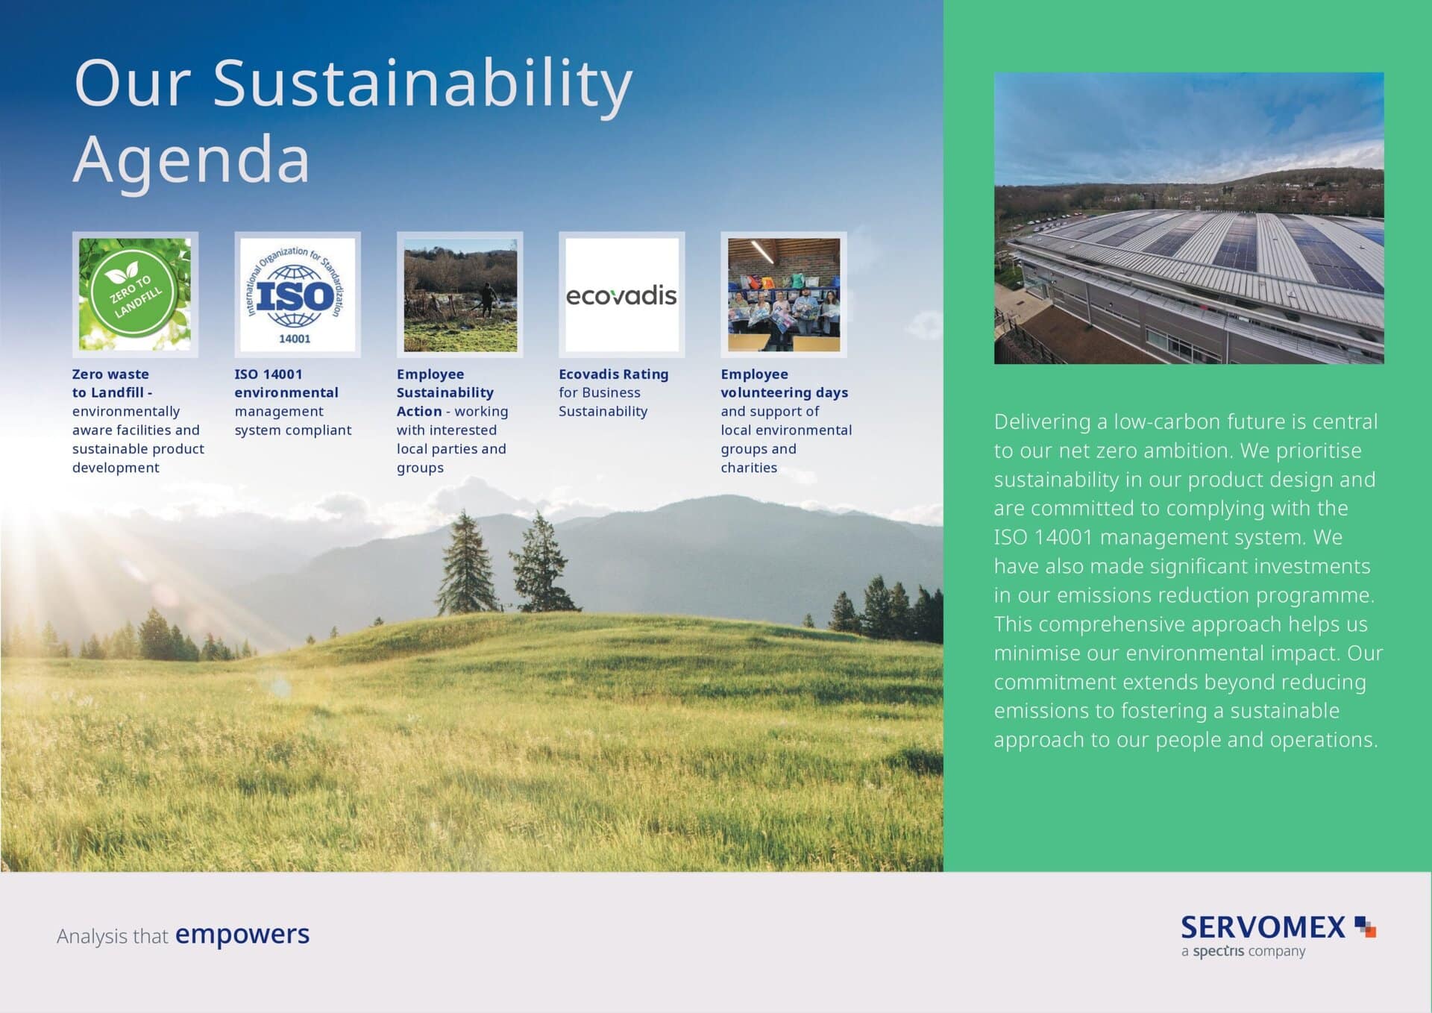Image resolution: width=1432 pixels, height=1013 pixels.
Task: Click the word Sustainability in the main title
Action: point(423,85)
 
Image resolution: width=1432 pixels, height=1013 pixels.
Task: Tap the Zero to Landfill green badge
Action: point(135,294)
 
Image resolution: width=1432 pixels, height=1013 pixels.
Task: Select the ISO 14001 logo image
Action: point(297,294)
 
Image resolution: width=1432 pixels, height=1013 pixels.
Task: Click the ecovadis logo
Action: point(621,296)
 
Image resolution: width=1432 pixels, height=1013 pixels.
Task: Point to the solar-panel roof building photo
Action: point(1189,218)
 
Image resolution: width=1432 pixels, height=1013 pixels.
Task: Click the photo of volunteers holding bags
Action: point(784,295)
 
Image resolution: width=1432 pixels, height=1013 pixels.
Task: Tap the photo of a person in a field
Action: point(460,295)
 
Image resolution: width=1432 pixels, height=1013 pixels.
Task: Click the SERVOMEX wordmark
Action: point(1263,927)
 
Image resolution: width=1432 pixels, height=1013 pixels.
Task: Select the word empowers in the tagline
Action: point(242,935)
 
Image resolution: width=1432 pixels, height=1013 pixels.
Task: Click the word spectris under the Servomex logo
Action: point(1218,952)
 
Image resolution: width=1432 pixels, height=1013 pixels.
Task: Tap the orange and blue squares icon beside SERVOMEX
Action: point(1365,926)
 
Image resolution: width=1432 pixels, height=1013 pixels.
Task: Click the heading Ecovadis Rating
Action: point(614,374)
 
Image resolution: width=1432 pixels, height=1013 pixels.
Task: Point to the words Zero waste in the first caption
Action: point(110,374)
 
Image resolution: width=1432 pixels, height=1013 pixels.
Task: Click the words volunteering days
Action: point(785,393)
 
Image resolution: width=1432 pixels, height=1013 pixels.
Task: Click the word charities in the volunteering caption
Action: point(749,468)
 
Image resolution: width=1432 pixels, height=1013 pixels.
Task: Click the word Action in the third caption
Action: point(419,412)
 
